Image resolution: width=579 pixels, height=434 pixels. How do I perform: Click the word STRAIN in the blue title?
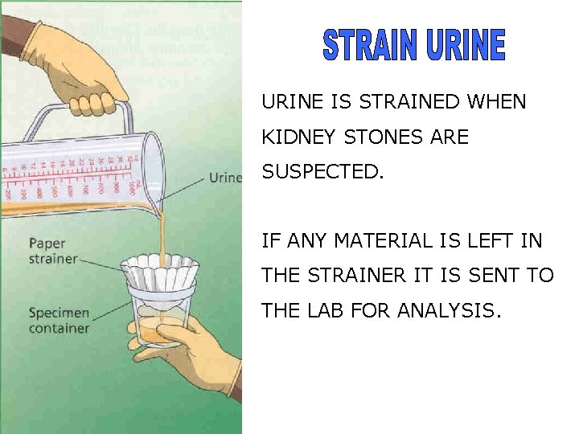(371, 45)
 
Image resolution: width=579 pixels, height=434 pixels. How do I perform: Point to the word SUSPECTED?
(318, 172)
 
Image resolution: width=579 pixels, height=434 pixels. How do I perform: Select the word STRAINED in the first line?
(409, 102)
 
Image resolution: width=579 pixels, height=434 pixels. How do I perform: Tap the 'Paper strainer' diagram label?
(53, 251)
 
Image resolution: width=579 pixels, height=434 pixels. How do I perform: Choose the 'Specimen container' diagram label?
(59, 320)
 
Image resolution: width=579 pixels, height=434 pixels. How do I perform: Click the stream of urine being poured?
(162, 233)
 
